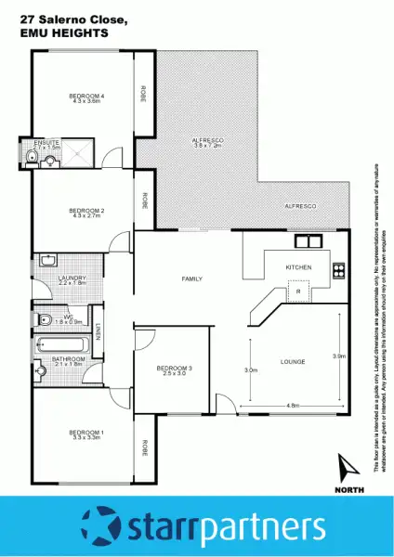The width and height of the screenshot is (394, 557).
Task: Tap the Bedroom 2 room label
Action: click(86, 211)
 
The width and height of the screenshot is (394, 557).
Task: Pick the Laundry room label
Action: click(72, 278)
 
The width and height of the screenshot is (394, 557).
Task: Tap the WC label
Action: click(68, 317)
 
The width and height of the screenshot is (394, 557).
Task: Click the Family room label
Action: click(192, 278)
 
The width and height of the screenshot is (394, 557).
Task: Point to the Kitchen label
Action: click(298, 267)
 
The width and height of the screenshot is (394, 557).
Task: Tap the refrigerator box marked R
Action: click(297, 292)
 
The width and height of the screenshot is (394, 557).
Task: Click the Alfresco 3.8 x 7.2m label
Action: click(209, 142)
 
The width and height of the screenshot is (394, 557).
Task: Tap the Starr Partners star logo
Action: click(101, 525)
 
